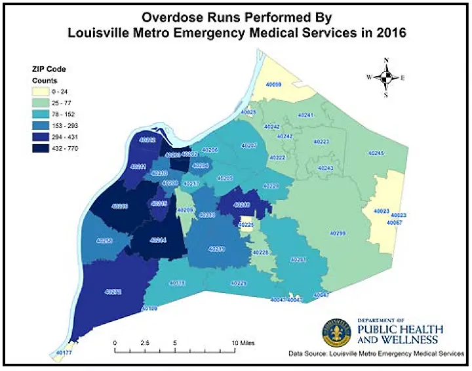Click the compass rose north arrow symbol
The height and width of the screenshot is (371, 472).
[x=386, y=77]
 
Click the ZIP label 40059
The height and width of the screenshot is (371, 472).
[x=273, y=85]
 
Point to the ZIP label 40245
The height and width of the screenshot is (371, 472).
[x=376, y=153]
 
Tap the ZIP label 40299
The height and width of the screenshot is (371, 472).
[x=338, y=233]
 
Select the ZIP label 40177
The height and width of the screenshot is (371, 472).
[x=64, y=353]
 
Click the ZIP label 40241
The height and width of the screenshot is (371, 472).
[x=305, y=115]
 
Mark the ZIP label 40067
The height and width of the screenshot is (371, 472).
[x=394, y=223]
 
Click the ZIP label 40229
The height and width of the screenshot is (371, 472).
[x=239, y=283]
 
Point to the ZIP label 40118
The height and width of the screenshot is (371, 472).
[x=177, y=283]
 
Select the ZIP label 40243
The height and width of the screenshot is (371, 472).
[x=326, y=168]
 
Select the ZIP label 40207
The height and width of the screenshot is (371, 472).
[x=249, y=145]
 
